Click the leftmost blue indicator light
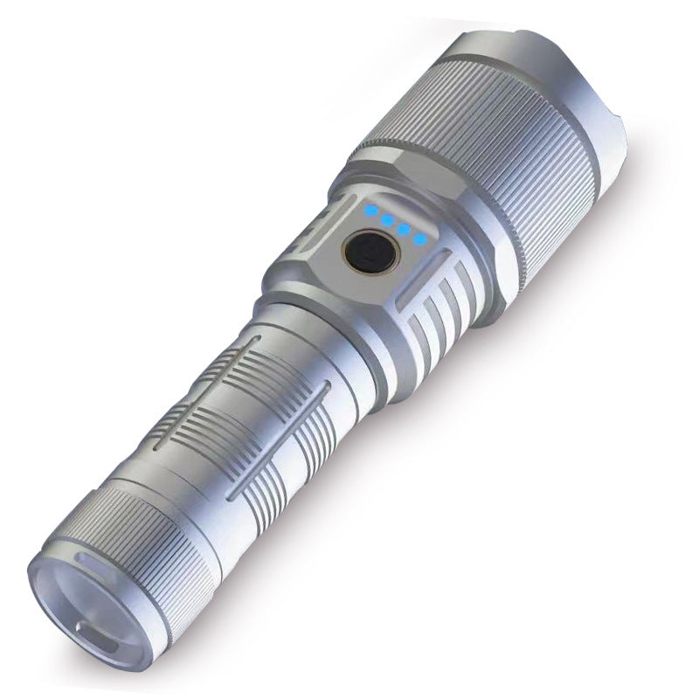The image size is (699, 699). [370, 211]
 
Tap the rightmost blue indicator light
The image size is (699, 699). [420, 238]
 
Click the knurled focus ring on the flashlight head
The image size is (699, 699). [489, 166]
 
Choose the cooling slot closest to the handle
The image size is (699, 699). [418, 336]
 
